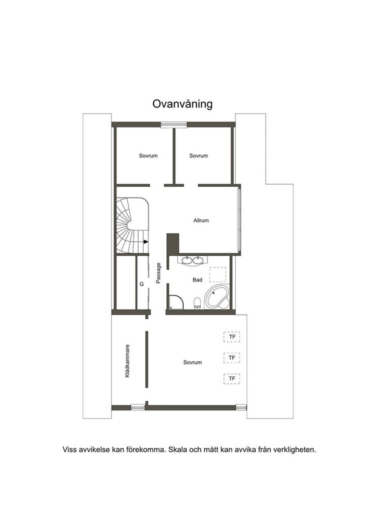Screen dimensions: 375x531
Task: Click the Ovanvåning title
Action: tap(182, 104)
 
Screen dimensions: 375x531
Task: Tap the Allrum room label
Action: tap(201, 221)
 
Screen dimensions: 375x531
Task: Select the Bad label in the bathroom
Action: tap(197, 280)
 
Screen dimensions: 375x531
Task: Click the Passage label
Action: tap(158, 273)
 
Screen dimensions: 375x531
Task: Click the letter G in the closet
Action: tap(141, 284)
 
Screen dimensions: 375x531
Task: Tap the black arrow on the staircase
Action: tap(146, 242)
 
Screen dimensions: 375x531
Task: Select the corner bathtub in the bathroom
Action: tap(217, 296)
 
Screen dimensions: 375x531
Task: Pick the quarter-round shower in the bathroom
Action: tap(177, 302)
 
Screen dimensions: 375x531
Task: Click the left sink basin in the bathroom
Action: tap(187, 260)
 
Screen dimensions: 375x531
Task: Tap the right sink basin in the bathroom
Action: tap(198, 260)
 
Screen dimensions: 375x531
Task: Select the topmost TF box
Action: tap(232, 337)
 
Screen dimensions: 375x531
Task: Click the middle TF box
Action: tap(232, 358)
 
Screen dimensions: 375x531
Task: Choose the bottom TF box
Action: tap(232, 379)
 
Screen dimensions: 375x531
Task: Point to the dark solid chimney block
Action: tap(173, 244)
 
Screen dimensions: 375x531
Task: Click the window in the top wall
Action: tap(173, 125)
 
